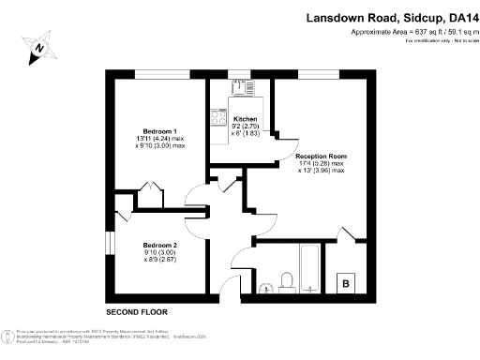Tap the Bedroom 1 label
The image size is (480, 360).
[x=160, y=129]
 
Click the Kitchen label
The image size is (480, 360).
[x=245, y=120]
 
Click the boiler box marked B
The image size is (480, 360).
[x=346, y=282]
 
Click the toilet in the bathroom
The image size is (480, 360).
[x=287, y=278]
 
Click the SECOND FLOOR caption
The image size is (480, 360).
[x=136, y=310]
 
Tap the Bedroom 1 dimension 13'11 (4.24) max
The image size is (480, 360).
[x=160, y=138]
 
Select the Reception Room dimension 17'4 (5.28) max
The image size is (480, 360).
[x=322, y=163]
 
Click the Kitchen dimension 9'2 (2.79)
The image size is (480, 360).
[x=245, y=128]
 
